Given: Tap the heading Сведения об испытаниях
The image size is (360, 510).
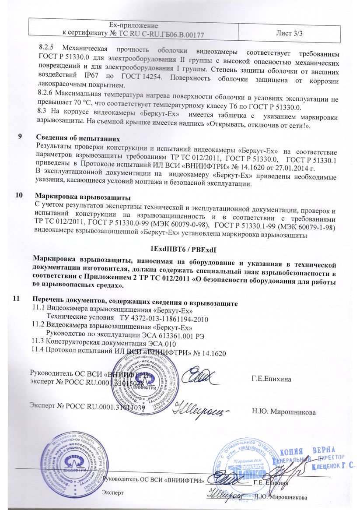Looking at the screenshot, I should (73, 136).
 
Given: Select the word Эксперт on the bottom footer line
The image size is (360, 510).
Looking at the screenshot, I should (113, 492).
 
